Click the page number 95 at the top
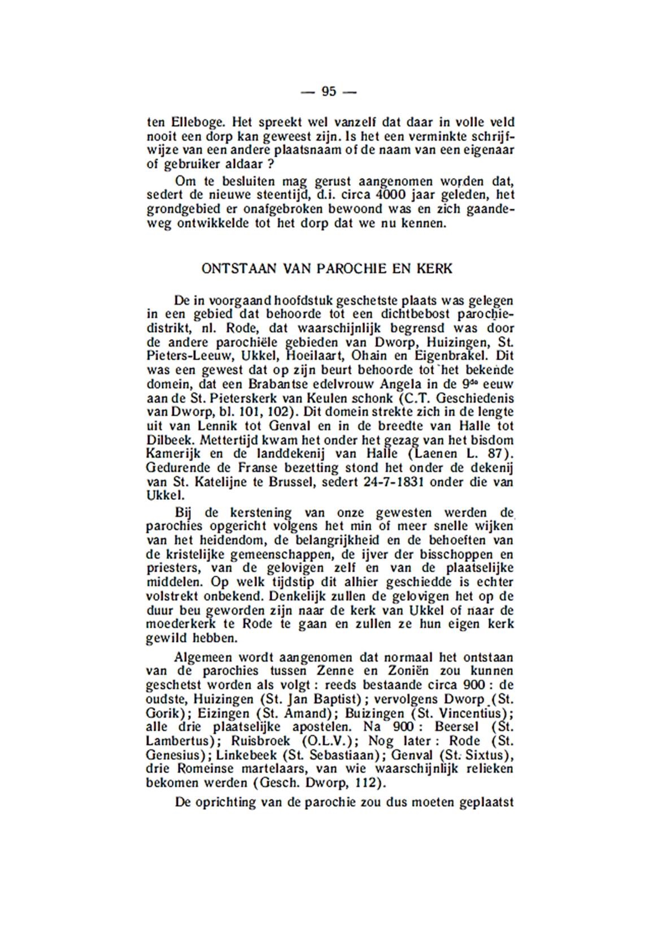coord(329,91)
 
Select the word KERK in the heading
coord(434,269)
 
